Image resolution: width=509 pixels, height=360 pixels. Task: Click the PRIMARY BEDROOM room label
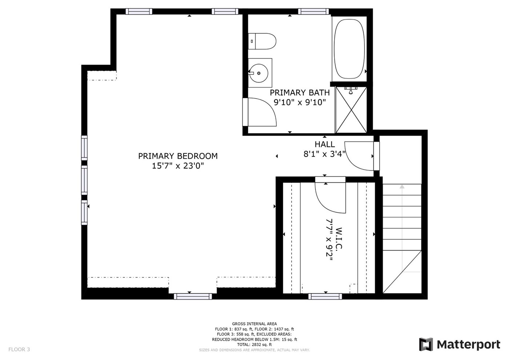pos(178,156)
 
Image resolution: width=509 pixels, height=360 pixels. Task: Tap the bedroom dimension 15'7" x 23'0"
pos(178,166)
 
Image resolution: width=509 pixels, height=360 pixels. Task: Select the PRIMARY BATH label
pos(300,93)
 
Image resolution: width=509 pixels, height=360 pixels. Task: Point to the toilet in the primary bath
pos(262,41)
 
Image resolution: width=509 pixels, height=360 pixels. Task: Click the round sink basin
pos(258,73)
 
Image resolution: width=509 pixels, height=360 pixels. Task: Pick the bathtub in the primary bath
pos(349,49)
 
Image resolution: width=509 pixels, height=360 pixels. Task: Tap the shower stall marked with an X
pos(351,110)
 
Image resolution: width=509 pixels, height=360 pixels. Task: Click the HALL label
pos(325,144)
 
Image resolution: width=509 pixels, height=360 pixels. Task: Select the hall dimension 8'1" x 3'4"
pos(325,154)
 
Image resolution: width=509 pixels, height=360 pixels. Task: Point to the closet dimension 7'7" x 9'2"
pos(329,240)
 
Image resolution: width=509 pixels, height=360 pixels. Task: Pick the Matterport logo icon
pos(426,344)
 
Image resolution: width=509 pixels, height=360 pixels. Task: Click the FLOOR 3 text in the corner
pos(19,349)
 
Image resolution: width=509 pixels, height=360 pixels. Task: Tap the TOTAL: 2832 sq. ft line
pos(254,345)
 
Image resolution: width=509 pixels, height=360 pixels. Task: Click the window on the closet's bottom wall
pos(325,296)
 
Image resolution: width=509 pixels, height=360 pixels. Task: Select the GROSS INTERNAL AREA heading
pos(254,324)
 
